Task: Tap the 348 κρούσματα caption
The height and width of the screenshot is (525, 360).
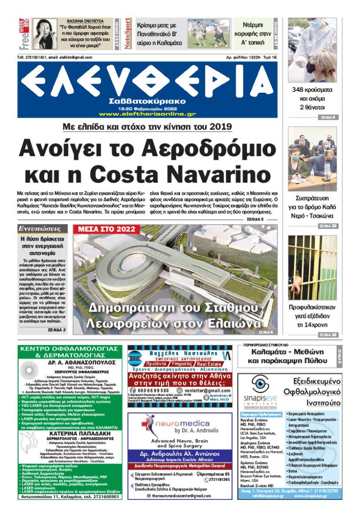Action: (312, 90)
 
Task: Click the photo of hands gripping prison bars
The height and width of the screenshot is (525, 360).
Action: (312, 267)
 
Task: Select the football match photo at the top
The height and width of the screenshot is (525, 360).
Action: (208, 34)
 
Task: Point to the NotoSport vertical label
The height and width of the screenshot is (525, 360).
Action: (128, 34)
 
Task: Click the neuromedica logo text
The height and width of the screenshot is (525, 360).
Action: (187, 423)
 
